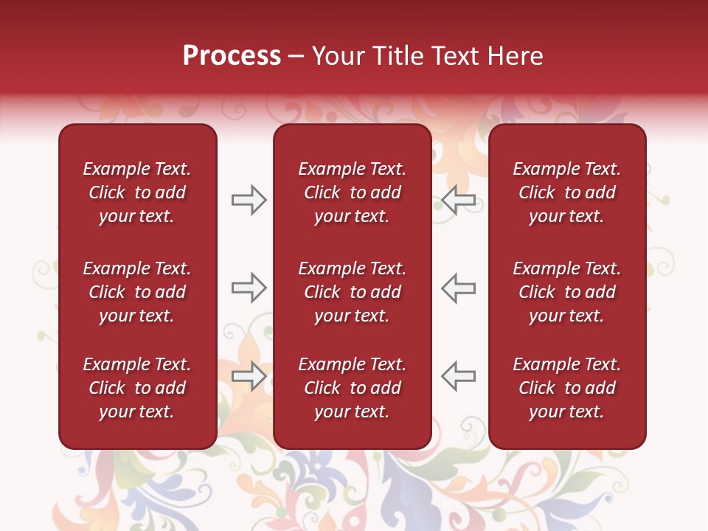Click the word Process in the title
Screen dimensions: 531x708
coord(232,56)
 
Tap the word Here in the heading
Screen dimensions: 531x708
coord(515,56)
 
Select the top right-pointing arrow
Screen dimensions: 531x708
coord(249,200)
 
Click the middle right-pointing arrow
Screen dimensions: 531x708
coord(249,288)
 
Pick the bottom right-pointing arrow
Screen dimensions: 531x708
coord(249,376)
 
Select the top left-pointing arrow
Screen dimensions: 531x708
coord(459,200)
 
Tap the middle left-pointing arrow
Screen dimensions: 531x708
coord(459,288)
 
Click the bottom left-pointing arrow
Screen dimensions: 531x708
coord(459,376)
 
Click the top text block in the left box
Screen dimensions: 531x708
coord(137,192)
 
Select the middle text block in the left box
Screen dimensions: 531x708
coord(137,292)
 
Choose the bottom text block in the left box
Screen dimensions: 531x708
coord(137,388)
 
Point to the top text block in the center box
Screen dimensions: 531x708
coord(353,192)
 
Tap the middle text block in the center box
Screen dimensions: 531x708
coord(353,292)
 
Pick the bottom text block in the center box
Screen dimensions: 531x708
coord(353,388)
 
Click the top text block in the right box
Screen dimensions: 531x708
coord(567,192)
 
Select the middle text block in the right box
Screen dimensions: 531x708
coord(567,292)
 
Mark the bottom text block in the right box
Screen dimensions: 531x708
coord(567,388)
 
